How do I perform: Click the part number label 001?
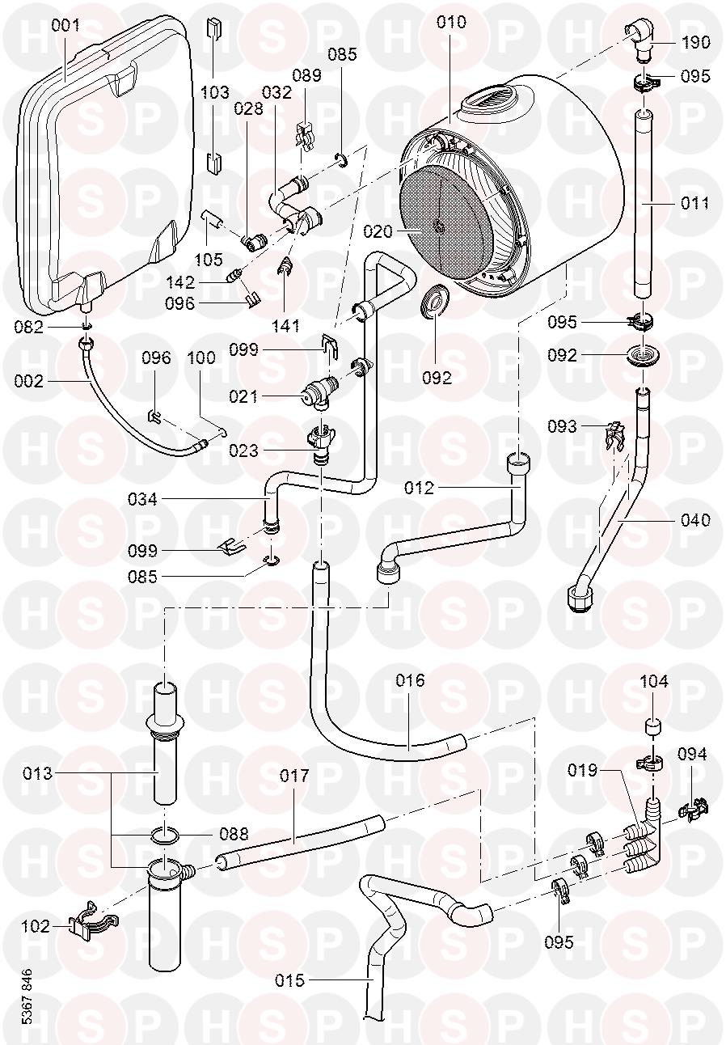[x=65, y=26]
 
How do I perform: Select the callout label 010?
[x=451, y=22]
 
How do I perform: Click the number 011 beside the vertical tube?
[x=694, y=202]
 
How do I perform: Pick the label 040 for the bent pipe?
[x=694, y=519]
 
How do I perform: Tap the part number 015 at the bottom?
[x=289, y=981]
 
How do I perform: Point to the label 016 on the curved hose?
[x=410, y=680]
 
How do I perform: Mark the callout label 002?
[x=30, y=380]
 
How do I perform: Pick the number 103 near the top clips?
[x=214, y=92]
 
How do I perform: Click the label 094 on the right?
[x=692, y=755]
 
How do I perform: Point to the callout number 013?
[x=37, y=773]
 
